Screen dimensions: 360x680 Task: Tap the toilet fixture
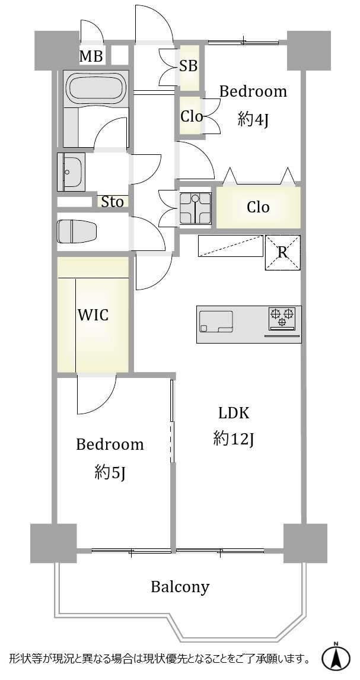[77, 231]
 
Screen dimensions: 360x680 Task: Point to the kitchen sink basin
[216, 322]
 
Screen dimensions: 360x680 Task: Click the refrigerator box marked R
[282, 252]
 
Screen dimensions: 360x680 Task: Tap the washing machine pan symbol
[195, 209]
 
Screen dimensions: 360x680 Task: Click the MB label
[91, 56]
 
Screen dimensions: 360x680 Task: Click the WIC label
[93, 315]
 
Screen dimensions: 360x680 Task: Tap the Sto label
[112, 202]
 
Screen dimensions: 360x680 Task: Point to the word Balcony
[180, 587]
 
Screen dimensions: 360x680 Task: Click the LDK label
[234, 414]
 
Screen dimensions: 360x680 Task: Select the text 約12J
[233, 439]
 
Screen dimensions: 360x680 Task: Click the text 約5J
[110, 472]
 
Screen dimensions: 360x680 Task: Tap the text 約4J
[253, 119]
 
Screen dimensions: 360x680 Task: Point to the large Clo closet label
[258, 207]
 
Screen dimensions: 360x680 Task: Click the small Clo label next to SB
[192, 116]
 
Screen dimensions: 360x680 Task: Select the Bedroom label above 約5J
[110, 444]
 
